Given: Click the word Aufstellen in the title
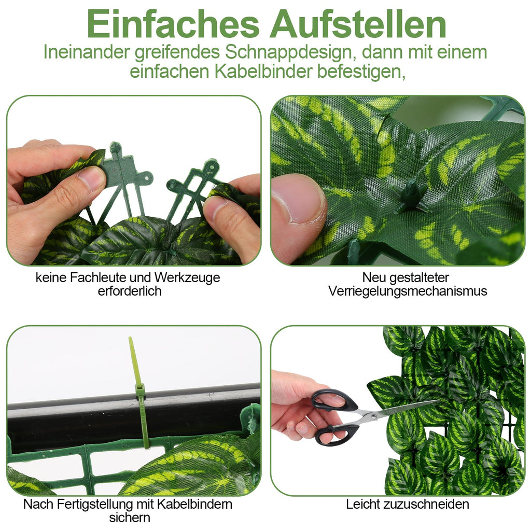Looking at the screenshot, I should point(357,24).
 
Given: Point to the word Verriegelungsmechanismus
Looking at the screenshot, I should point(408,291).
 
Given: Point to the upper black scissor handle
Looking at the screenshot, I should point(335,400).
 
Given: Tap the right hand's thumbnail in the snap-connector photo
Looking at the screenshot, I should point(214,207).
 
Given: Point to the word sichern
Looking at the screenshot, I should point(130,518).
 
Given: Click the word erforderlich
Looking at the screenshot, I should point(130,291).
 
